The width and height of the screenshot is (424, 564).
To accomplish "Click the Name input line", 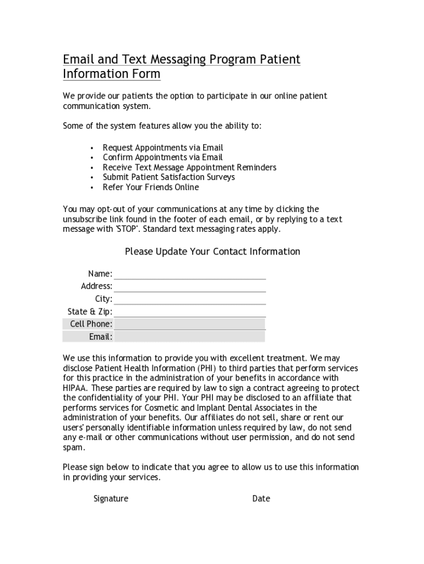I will tap(189, 274).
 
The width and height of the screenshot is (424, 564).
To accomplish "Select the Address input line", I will tap(189, 286).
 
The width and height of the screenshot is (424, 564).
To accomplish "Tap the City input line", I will tap(189, 299).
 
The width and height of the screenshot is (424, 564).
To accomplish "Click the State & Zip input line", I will tap(189, 312).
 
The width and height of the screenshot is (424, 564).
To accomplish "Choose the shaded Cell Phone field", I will tap(189, 324).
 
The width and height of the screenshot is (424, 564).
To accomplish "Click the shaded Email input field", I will tap(189, 337).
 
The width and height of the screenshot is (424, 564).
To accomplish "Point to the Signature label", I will tap(111, 498).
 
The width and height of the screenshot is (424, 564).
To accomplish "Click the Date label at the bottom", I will tap(261, 498).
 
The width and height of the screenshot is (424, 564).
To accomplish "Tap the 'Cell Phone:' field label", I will tap(91, 324).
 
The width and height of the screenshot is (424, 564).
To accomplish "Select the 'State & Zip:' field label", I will tap(90, 312).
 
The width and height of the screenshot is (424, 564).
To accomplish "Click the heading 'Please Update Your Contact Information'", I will tap(212, 252).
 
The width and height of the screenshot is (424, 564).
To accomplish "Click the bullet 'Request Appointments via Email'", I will tap(162, 148).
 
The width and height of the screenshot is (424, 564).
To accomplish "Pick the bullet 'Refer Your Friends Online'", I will tap(150, 187).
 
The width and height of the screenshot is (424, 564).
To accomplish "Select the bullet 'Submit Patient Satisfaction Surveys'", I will tap(168, 177).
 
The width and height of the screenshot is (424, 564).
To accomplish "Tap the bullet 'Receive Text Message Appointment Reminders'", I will tap(189, 167).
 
